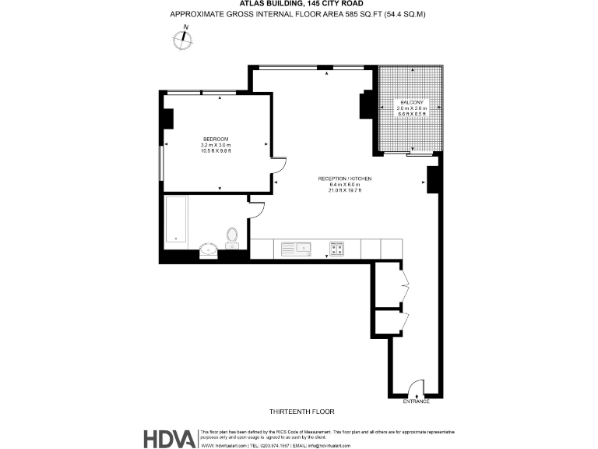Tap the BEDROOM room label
[x=216, y=139]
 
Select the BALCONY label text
[x=411, y=102]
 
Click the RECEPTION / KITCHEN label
[x=345, y=179]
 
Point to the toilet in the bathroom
[x=231, y=237]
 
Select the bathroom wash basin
[x=209, y=249]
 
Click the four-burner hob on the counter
[x=337, y=249]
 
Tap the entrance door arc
[x=416, y=387]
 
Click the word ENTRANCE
[x=416, y=401]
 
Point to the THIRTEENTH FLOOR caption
[x=301, y=411]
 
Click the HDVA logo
[x=168, y=439]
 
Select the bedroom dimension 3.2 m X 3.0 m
[x=216, y=145]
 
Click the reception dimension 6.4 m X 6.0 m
[x=345, y=185]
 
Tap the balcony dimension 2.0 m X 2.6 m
[x=411, y=108]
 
